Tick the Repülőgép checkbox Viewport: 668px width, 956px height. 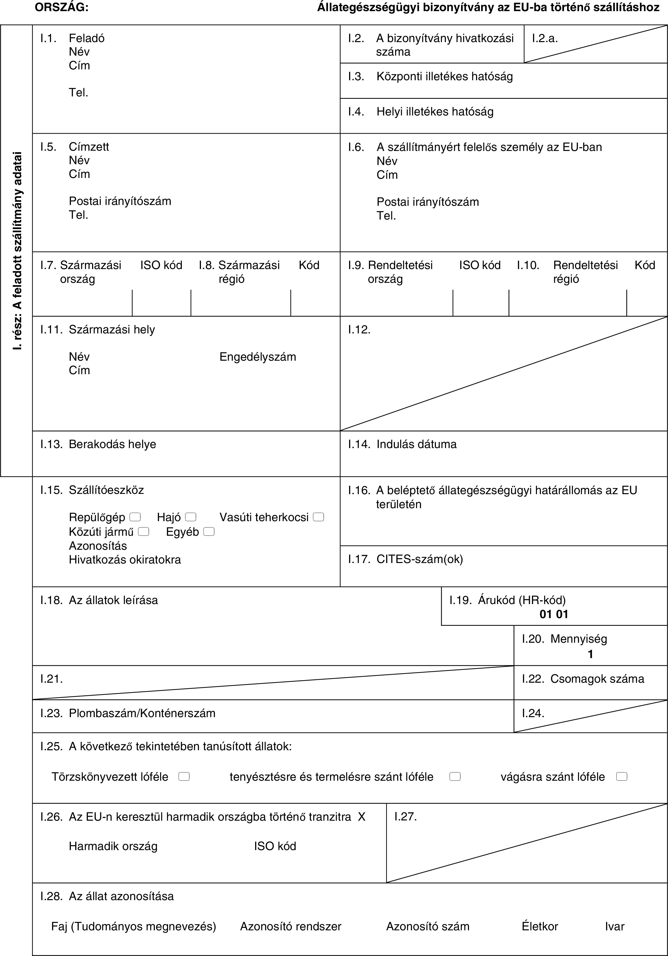pos(135,517)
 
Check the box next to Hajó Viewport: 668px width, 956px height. pos(191,517)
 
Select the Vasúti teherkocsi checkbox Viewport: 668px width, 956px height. pos(319,517)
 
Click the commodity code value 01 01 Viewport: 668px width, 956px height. pos(554,614)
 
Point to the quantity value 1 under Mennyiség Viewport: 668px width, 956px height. pos(590,654)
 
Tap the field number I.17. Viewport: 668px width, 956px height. pos(359,559)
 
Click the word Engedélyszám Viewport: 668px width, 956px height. pos(258,357)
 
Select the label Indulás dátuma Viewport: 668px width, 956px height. pos(416,444)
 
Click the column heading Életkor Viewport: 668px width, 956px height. pos(540,926)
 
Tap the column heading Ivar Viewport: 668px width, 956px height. pos(615,926)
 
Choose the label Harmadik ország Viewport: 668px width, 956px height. pos(113,846)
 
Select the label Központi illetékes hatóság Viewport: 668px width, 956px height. pos(445,77)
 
